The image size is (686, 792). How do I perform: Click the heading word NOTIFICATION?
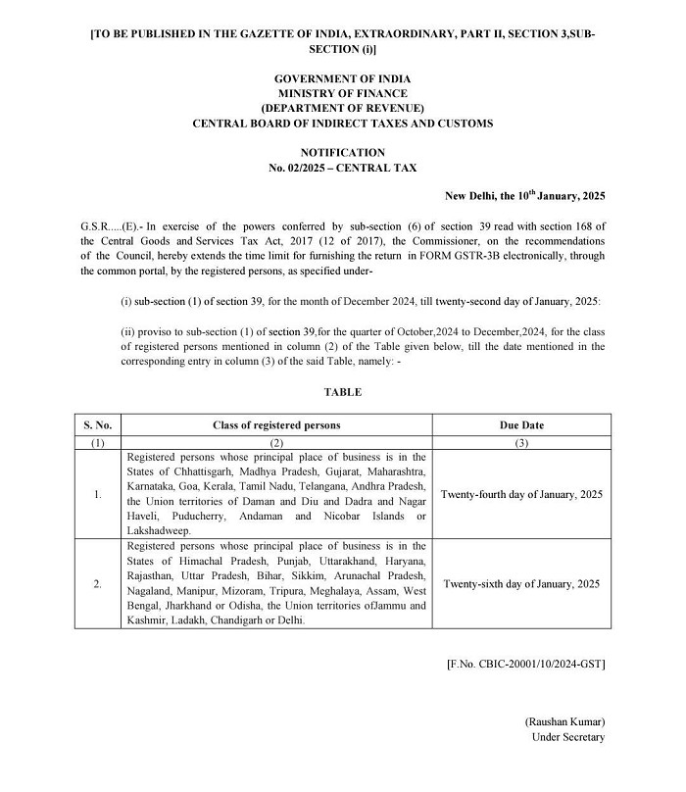click(x=342, y=153)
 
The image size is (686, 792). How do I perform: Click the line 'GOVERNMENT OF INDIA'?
click(x=342, y=78)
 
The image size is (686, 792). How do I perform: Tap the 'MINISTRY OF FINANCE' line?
click(x=342, y=93)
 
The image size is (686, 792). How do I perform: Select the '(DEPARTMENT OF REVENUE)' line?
click(x=342, y=108)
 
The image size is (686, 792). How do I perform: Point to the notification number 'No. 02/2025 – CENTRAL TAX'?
click(x=342, y=168)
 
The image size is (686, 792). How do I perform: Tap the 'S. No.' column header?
click(x=97, y=425)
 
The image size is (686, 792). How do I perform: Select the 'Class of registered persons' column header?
click(x=276, y=425)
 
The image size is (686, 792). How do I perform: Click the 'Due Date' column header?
click(x=521, y=425)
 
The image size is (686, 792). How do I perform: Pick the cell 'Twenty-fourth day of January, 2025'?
click(x=521, y=494)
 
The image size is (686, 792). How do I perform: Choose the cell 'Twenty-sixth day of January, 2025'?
click(x=521, y=583)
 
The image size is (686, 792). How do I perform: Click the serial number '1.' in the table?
click(x=97, y=494)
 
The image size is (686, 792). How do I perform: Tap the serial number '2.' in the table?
click(x=97, y=583)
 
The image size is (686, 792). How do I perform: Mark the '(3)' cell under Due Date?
click(x=521, y=443)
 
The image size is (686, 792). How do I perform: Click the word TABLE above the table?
click(x=342, y=392)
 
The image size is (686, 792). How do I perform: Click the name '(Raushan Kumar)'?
click(x=563, y=721)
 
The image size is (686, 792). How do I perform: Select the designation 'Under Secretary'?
click(x=567, y=737)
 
